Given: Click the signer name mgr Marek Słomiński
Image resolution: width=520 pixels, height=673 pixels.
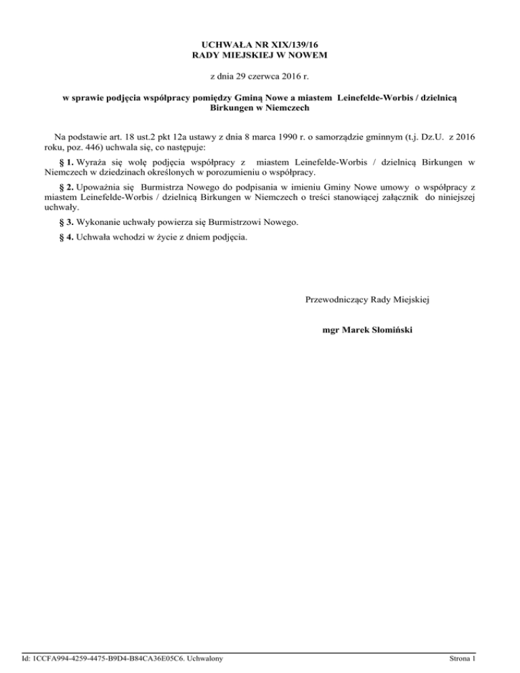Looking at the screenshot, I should click(x=368, y=330).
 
